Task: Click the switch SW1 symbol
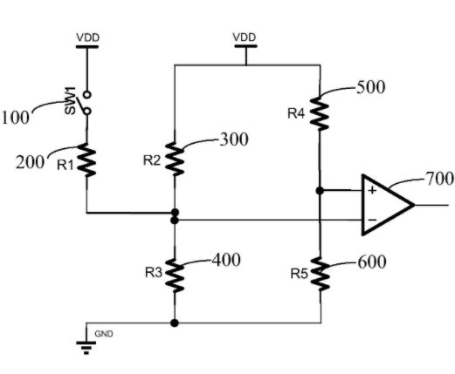tap(86, 103)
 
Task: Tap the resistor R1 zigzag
tap(86, 160)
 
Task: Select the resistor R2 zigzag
tap(175, 159)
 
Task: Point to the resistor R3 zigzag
tap(175, 275)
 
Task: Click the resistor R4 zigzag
tap(320, 113)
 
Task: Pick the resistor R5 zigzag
tap(321, 274)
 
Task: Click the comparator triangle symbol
tap(388, 205)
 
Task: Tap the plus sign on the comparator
tap(372, 190)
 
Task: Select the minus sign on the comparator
tap(372, 220)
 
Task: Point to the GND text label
tap(104, 334)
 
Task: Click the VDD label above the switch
tap(88, 37)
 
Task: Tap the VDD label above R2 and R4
tap(245, 37)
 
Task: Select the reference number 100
tap(16, 118)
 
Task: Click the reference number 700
tap(440, 179)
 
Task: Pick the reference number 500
tap(371, 87)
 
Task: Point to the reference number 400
tap(226, 260)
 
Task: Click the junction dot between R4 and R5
tap(320, 191)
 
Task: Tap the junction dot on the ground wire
tap(175, 323)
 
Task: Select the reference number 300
tap(234, 139)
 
